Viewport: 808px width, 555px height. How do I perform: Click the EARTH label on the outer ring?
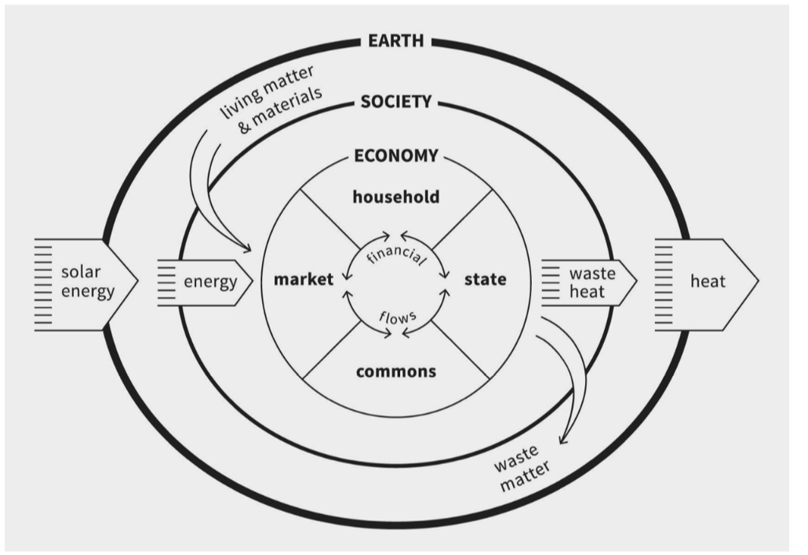[x=395, y=40]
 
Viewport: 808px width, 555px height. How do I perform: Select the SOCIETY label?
[x=395, y=101]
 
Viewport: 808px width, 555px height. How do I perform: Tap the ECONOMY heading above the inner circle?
[x=395, y=155]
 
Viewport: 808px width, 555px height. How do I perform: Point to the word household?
[x=395, y=196]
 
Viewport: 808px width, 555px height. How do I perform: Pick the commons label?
[x=395, y=371]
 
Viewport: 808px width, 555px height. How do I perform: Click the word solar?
[x=82, y=272]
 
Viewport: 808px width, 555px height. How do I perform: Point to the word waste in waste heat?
[x=591, y=274]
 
